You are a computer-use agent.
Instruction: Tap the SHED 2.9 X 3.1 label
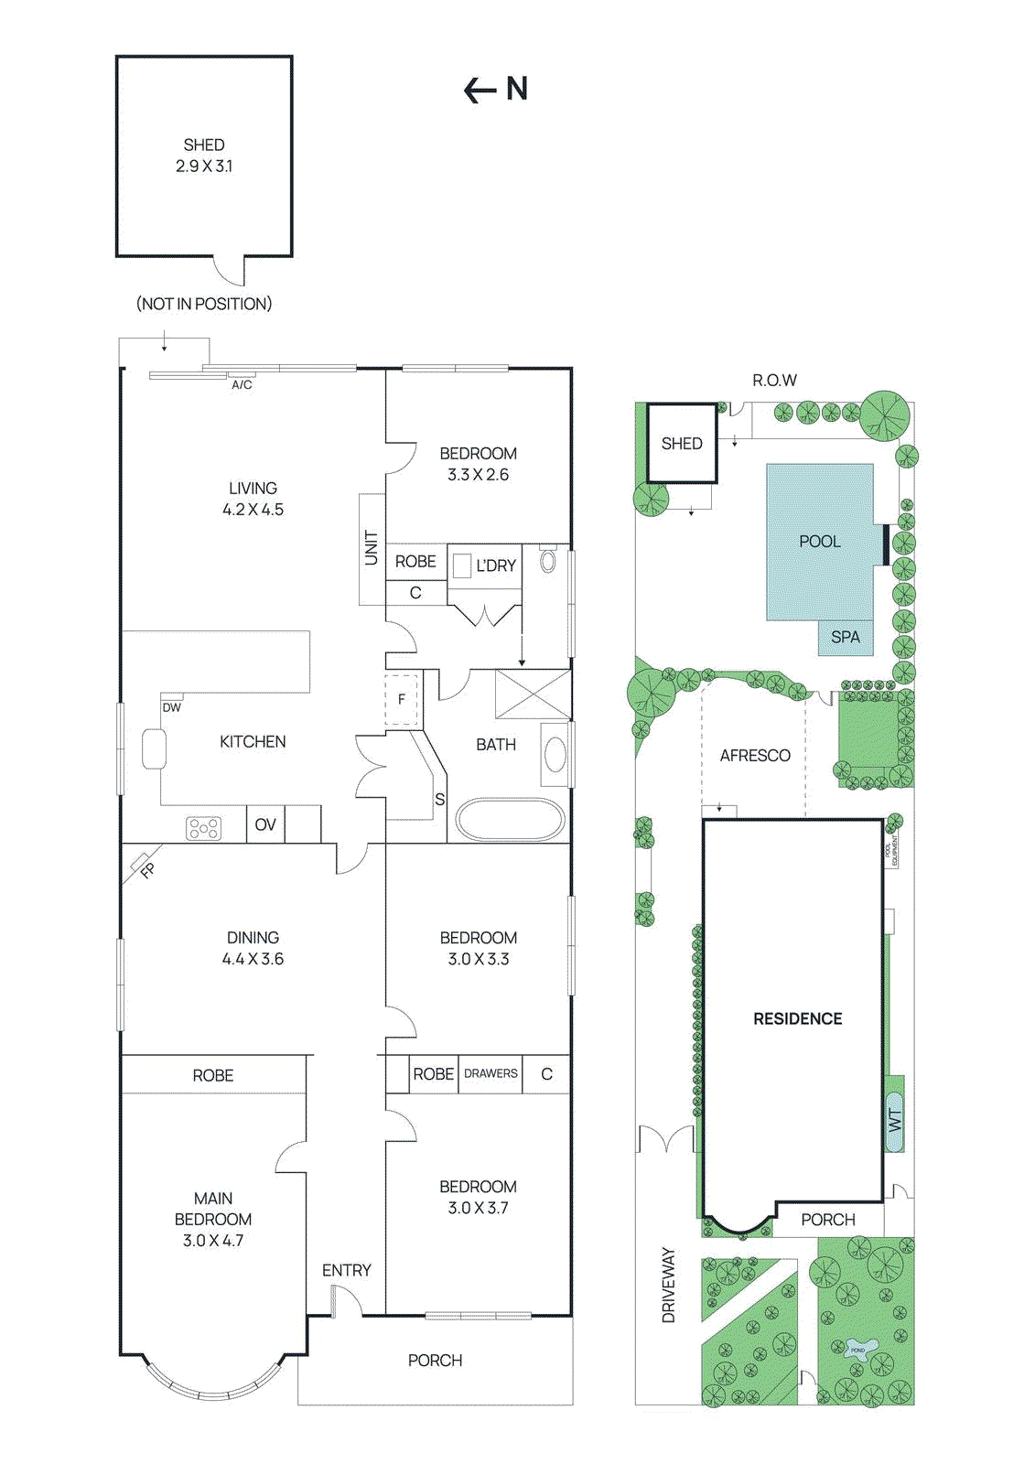(204, 156)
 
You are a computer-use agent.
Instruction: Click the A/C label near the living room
(242, 385)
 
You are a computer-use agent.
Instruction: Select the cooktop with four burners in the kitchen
(203, 828)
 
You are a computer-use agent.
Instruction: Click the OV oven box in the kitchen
(265, 824)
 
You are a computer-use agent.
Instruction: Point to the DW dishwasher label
(171, 707)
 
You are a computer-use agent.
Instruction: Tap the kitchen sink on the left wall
(152, 748)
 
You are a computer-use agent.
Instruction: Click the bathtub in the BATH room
(510, 820)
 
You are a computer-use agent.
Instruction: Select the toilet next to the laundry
(548, 560)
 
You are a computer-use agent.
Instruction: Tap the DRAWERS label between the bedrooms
(491, 1073)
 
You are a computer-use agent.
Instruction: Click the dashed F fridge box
(401, 700)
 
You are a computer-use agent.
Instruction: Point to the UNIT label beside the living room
(371, 548)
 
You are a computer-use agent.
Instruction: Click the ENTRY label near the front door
(347, 1270)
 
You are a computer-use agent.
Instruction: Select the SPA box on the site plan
(846, 637)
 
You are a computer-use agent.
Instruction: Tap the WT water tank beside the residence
(894, 1120)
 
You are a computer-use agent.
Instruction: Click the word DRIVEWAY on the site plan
(668, 1285)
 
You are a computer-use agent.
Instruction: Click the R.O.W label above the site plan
(774, 381)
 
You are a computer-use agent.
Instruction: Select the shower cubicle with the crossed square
(532, 694)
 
